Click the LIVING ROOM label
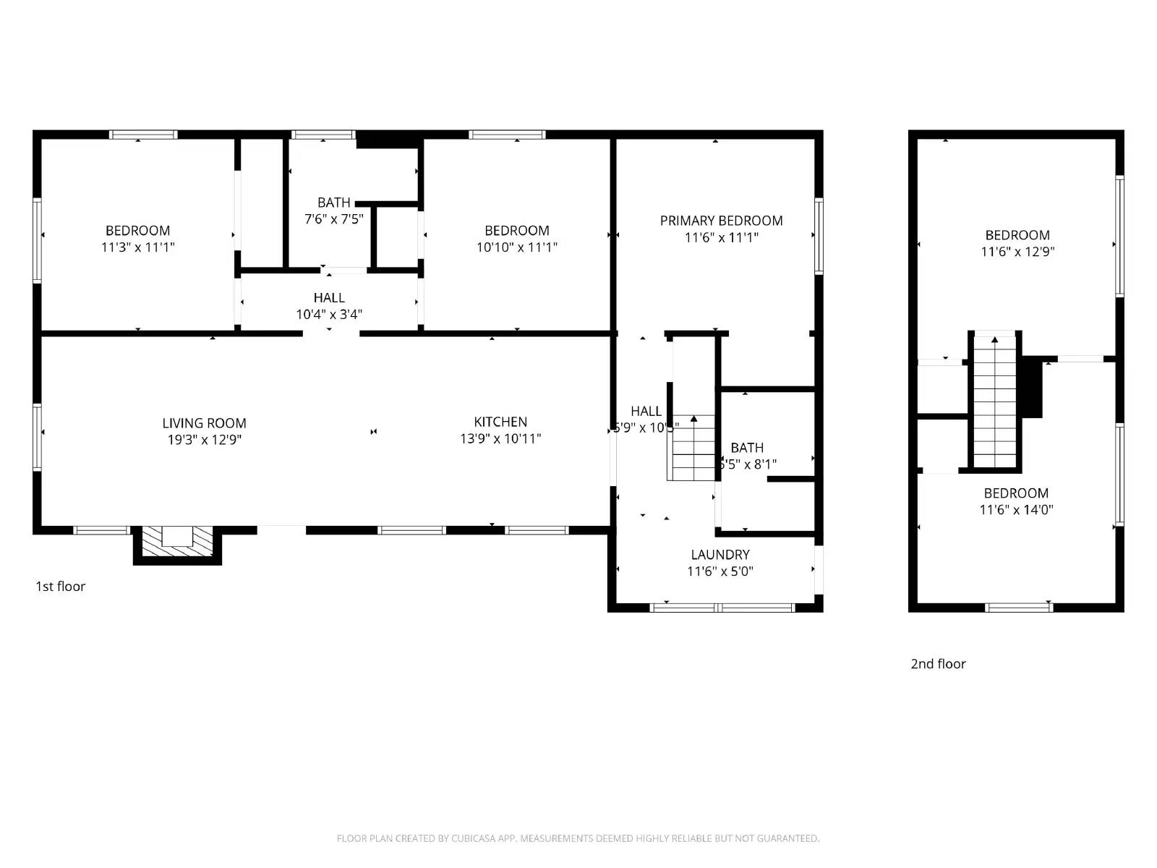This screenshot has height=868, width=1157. pyautogui.click(x=204, y=423)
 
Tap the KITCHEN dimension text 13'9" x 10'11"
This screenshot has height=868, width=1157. pyautogui.click(x=500, y=438)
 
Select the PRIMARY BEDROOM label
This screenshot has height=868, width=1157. pyautogui.click(x=721, y=221)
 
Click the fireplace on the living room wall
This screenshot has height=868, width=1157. pyautogui.click(x=177, y=542)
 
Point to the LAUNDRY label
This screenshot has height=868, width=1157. pyautogui.click(x=720, y=555)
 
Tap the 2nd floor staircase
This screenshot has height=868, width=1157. pyautogui.click(x=995, y=402)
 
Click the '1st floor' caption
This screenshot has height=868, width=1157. pyautogui.click(x=61, y=587)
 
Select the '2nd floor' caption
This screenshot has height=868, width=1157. pyautogui.click(x=938, y=664)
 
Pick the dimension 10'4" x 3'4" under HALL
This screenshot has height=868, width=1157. pyautogui.click(x=329, y=315)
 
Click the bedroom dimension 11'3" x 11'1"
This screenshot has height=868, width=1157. pyautogui.click(x=138, y=247)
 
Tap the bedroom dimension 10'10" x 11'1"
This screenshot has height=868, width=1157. pyautogui.click(x=516, y=247)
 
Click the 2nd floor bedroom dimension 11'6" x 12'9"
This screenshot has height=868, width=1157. pyautogui.click(x=1017, y=252)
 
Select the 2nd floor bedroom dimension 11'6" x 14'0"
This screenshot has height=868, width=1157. pyautogui.click(x=1016, y=510)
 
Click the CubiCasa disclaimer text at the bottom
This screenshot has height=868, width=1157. pyautogui.click(x=578, y=838)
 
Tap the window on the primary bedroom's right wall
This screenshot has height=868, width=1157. pyautogui.click(x=819, y=237)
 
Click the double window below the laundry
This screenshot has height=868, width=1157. pyautogui.click(x=722, y=608)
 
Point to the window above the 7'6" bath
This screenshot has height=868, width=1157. pyautogui.click(x=323, y=135)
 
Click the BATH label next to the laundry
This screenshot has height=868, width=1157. pyautogui.click(x=747, y=448)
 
